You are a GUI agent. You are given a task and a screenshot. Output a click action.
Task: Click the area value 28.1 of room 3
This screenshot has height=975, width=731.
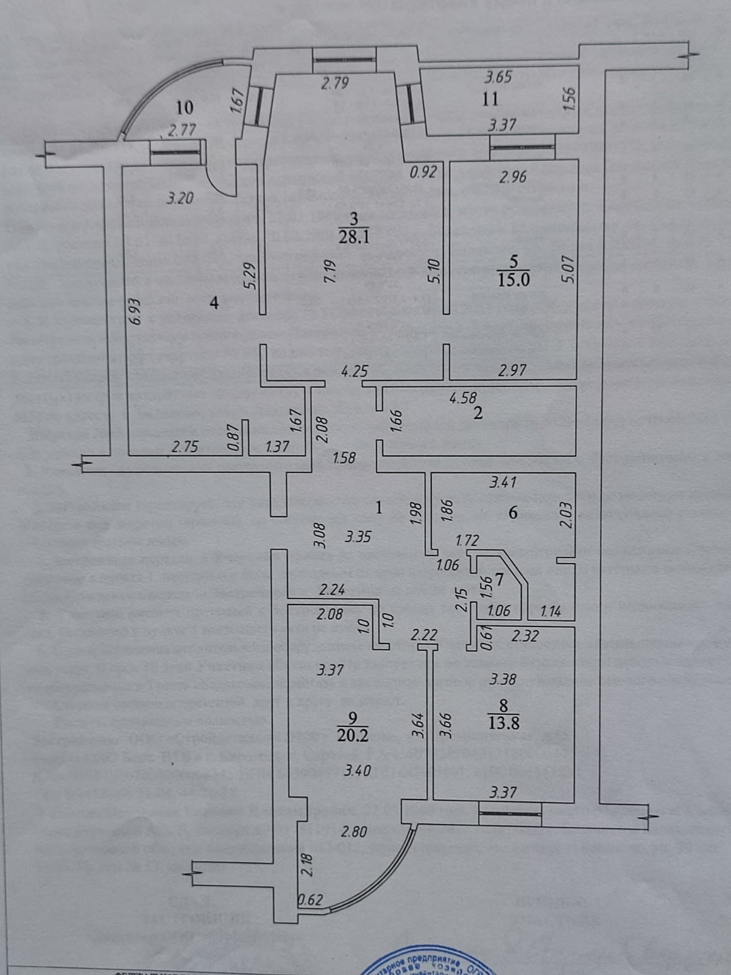pyautogui.click(x=354, y=236)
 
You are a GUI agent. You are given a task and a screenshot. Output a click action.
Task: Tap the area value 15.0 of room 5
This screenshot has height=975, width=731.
pyautogui.click(x=513, y=280)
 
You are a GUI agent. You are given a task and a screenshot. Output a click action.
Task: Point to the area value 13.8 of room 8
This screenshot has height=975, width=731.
pyautogui.click(x=503, y=723)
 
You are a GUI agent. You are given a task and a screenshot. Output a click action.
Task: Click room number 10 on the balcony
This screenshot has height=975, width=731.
pyautogui.click(x=185, y=108)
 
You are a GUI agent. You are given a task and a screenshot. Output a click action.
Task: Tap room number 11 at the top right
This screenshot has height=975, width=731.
pyautogui.click(x=490, y=99)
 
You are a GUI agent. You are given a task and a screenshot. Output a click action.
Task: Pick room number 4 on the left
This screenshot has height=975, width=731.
pyautogui.click(x=214, y=302)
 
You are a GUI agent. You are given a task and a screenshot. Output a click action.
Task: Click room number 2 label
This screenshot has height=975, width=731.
pyautogui.click(x=478, y=414)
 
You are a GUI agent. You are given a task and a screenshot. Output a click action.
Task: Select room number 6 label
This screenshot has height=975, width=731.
pyautogui.click(x=513, y=513)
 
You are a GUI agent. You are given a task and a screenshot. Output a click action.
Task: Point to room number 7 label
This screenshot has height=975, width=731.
pyautogui.click(x=499, y=580)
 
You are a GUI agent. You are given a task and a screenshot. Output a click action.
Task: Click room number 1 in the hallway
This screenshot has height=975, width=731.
pyautogui.click(x=379, y=507)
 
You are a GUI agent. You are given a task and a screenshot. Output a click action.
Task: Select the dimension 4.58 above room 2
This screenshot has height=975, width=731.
pyautogui.click(x=463, y=398)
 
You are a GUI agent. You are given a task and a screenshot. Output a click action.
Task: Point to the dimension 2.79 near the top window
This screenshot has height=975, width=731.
pyautogui.click(x=334, y=83)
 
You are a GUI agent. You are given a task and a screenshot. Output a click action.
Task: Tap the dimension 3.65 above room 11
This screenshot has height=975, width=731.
pyautogui.click(x=498, y=77)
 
